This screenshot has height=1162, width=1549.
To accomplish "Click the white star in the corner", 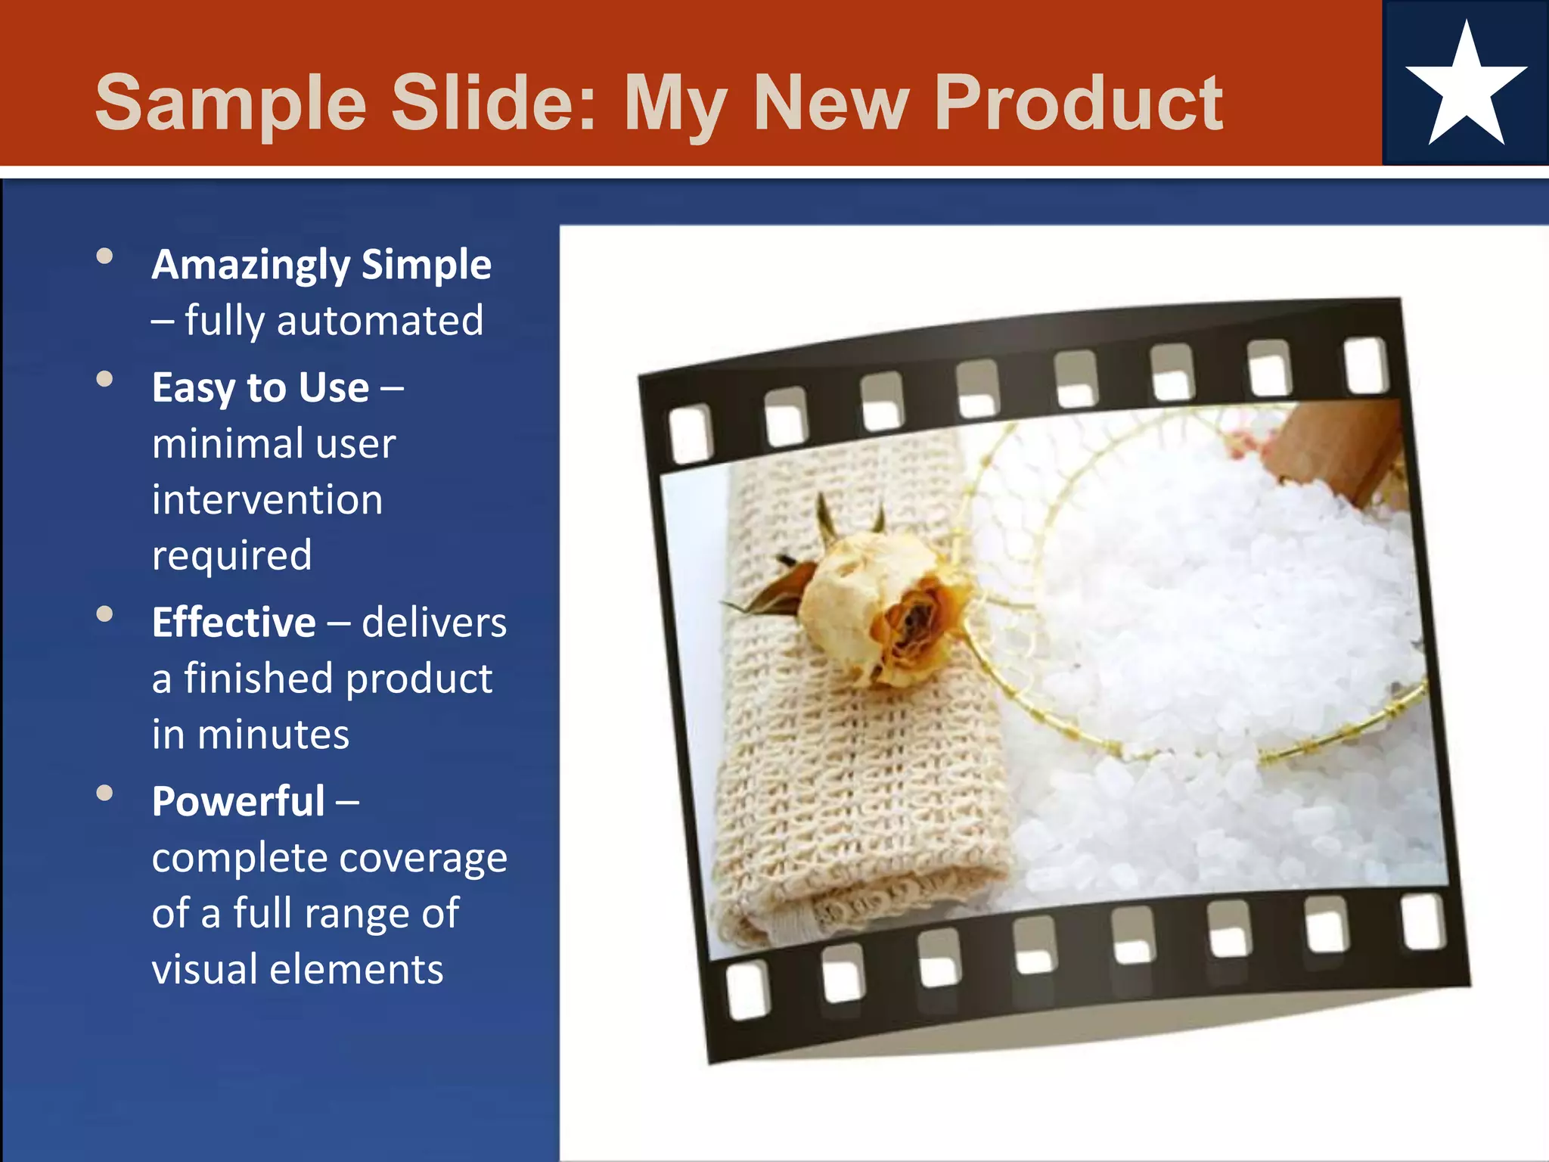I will coord(1466,89).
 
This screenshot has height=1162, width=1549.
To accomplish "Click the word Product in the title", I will coord(1079,103).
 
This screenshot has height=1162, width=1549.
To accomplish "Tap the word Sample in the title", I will coord(231,104).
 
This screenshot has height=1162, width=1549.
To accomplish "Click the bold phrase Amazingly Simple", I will coord(321,266).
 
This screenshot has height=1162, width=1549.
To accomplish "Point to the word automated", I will coord(380,321).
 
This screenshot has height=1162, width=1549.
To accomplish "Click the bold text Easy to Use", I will coord(260,388).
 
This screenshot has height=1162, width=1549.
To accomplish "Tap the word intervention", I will coord(267,500).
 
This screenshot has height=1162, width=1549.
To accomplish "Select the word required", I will coord(231,556).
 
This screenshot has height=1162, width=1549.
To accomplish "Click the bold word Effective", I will coord(234,623).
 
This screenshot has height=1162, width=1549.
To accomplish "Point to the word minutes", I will coord(273,735).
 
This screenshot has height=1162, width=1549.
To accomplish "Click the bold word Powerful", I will coord(238,802).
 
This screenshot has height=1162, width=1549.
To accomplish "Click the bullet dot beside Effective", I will coord(105,614).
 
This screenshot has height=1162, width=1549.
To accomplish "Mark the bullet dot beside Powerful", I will coord(105,793).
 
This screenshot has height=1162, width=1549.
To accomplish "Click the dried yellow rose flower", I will coord(885,605).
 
